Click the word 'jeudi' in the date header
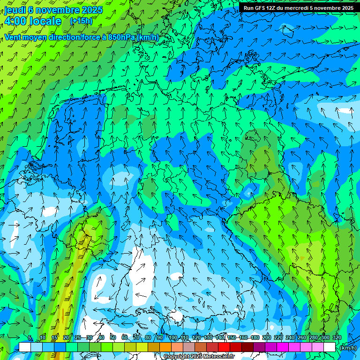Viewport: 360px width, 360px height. tap(15, 9)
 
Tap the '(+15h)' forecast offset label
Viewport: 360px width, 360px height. tap(81, 21)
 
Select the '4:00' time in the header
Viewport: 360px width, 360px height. tap(15, 21)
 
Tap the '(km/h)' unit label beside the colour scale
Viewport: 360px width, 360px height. tap(348, 348)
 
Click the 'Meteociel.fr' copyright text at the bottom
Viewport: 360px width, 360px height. tap(216, 357)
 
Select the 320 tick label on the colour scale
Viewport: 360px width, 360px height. tap(337, 337)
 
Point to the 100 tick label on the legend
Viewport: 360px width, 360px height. tap(172, 337)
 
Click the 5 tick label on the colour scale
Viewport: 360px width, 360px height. tap(30, 337)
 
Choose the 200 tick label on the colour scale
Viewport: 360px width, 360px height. tap(266, 337)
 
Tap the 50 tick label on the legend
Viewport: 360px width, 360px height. tap(113, 337)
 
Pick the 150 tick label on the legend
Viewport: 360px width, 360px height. tap(231, 337)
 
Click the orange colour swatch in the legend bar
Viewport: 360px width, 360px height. tap(165, 347)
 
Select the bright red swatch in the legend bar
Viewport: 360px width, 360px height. tap(224, 347)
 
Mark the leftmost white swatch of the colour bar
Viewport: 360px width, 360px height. tap(24, 347)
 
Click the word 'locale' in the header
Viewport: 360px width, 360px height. tap(45, 21)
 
